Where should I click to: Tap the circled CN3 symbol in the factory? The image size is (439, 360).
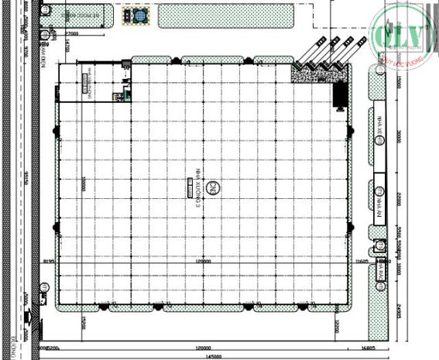[x=218, y=187]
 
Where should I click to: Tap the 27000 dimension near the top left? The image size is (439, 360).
[x=74, y=34]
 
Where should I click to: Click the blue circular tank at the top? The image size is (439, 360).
[x=140, y=15]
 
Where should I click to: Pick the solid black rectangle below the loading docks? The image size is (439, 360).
[x=339, y=94]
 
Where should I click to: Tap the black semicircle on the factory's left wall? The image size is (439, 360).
[x=57, y=226]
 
